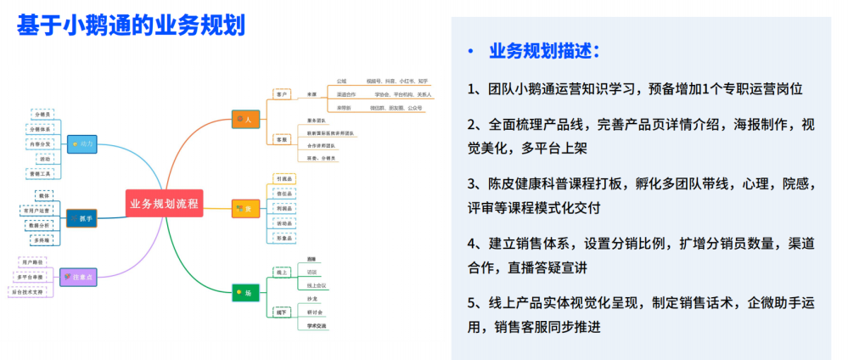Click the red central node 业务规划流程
(x=165, y=204)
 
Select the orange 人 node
(x=244, y=120)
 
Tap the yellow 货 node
(x=244, y=208)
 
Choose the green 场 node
(x=244, y=293)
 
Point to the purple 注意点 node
(x=79, y=276)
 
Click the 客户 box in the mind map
(x=283, y=93)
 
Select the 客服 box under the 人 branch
(x=283, y=138)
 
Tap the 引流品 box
(x=284, y=178)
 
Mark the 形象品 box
(x=284, y=238)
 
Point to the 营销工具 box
(x=42, y=173)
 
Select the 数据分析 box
(x=40, y=225)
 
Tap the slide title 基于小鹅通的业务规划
(x=132, y=25)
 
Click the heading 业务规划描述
(x=544, y=51)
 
